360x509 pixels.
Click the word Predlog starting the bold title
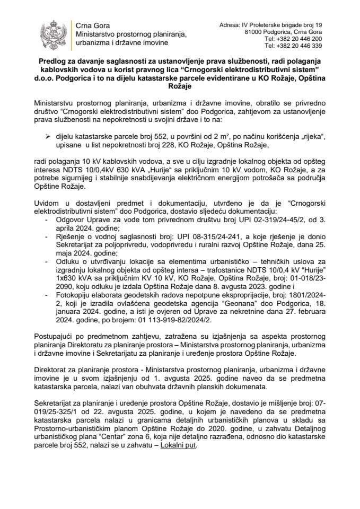pyautogui.click(x=53, y=62)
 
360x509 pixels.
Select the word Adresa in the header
pyautogui.click(x=230, y=25)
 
